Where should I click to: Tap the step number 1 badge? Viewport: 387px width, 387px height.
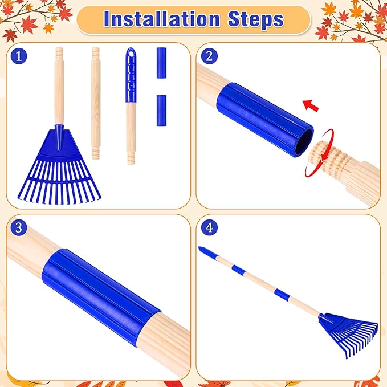19,56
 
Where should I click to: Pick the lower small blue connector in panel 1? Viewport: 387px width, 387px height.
161,107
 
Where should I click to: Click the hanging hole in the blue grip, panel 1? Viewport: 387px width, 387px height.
131,53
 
